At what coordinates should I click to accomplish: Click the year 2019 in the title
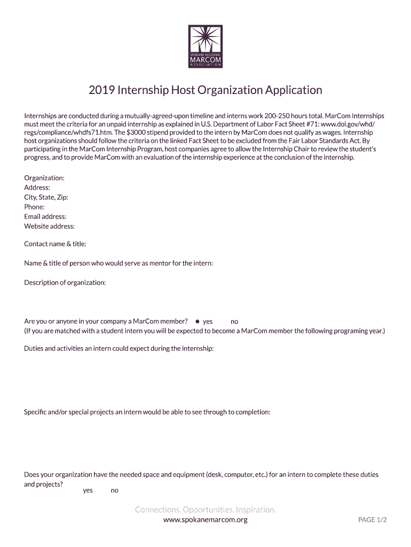coord(101,90)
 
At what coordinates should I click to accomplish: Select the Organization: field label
coord(44,178)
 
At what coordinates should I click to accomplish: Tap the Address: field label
coord(37,187)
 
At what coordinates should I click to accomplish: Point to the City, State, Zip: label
coord(46,197)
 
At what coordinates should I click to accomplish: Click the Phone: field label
coord(34,207)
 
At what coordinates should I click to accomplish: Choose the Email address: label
coord(45,216)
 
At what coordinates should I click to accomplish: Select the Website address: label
coord(49,226)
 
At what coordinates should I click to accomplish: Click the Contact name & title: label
coord(55,244)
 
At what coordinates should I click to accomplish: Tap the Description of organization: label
coord(65,283)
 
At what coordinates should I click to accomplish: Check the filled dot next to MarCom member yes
coord(197,322)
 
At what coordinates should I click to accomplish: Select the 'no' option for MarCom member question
coord(234,322)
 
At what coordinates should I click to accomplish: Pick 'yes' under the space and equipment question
coord(88,490)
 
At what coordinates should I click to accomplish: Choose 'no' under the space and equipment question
coord(114,490)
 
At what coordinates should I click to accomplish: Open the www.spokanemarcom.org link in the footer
coord(205,519)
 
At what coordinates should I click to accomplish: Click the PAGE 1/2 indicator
coord(373,520)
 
